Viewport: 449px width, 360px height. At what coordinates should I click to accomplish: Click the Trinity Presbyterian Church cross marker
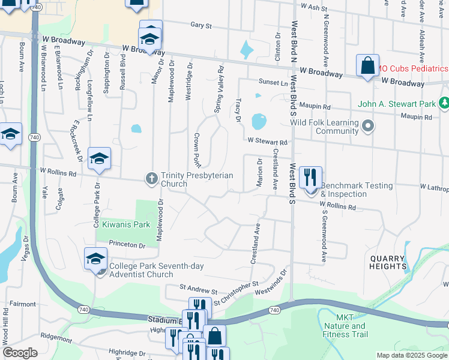[x=152, y=178]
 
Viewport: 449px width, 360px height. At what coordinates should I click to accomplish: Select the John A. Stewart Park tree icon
[x=444, y=103]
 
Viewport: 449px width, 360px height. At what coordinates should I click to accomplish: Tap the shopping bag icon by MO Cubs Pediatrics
[x=367, y=66]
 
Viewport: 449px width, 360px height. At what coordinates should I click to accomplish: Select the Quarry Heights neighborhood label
[x=388, y=262]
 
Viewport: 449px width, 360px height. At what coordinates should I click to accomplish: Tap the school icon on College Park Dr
[x=100, y=159]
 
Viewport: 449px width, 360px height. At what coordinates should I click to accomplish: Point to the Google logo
[x=20, y=352]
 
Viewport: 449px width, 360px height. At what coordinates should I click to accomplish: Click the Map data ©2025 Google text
[x=412, y=355]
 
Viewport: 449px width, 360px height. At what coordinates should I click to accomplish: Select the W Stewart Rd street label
[x=268, y=142]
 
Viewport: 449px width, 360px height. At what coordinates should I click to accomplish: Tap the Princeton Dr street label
[x=127, y=245]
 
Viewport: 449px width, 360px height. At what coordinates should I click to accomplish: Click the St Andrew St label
[x=193, y=290]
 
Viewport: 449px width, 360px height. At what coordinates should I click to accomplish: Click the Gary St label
[x=201, y=26]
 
